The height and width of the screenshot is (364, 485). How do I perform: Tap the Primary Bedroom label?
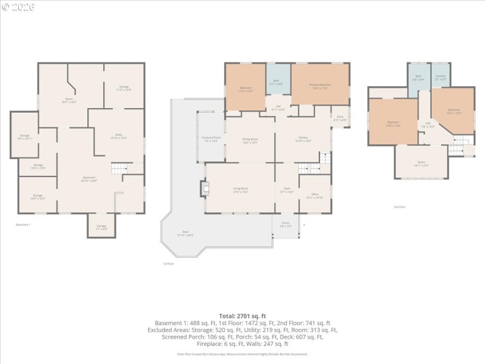320,86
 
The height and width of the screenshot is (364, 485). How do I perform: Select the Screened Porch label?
211,140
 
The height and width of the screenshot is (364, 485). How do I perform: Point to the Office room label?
315,197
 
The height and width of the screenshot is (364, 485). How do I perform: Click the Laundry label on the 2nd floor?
440,78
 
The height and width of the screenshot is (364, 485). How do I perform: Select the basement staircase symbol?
119,169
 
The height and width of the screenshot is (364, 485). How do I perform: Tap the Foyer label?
286,190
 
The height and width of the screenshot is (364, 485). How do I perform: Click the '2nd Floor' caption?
399,207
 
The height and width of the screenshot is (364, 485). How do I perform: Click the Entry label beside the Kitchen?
339,120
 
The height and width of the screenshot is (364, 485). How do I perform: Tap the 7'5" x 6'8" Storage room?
101,227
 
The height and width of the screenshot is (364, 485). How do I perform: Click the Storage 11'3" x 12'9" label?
124,89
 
